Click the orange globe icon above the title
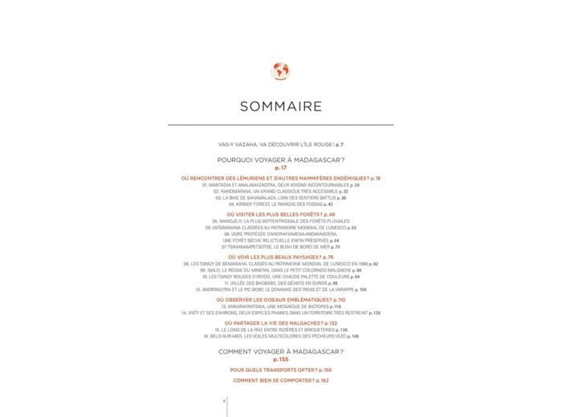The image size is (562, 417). [280, 71]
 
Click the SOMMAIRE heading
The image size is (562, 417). [280, 107]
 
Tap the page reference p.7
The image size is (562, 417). [340, 144]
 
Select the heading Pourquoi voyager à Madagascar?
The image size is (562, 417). [280, 160]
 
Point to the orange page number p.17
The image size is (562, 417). [280, 168]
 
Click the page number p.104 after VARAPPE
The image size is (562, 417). [360, 289]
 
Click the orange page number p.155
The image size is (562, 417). [280, 359]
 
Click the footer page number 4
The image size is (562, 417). [224, 400]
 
